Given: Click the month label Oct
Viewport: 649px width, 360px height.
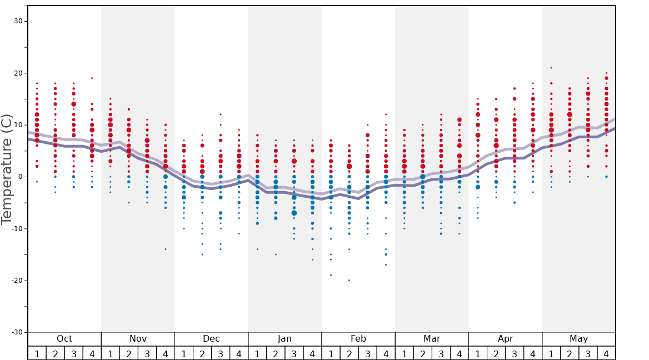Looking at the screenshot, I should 64,339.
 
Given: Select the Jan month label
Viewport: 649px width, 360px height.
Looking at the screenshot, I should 284,339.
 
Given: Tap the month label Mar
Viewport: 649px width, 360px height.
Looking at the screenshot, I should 432,339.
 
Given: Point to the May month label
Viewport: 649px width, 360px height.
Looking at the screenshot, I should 578,339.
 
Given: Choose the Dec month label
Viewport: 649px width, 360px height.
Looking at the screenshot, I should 211,339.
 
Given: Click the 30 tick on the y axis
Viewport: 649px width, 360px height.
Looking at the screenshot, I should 18,21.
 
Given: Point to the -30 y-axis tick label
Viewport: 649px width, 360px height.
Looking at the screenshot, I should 17,332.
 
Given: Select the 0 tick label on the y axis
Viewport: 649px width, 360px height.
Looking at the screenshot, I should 20,177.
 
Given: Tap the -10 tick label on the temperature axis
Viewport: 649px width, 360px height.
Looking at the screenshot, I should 17,228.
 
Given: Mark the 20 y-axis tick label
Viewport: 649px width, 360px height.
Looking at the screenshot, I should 18,73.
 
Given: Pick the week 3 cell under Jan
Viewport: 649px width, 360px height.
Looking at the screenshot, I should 294,353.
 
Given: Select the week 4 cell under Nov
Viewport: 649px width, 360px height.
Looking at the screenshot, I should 166,353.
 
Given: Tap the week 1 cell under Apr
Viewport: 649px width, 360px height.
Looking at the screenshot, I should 477,353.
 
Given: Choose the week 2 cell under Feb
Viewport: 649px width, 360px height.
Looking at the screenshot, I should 349,353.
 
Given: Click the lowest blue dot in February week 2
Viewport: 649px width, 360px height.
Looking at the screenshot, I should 349,280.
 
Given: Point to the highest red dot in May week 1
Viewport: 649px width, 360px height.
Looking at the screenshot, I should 551,68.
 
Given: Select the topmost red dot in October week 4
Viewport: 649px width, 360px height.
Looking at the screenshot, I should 92,78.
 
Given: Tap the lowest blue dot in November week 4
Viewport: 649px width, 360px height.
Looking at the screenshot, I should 166,249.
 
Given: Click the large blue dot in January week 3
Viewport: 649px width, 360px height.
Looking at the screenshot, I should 294,213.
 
